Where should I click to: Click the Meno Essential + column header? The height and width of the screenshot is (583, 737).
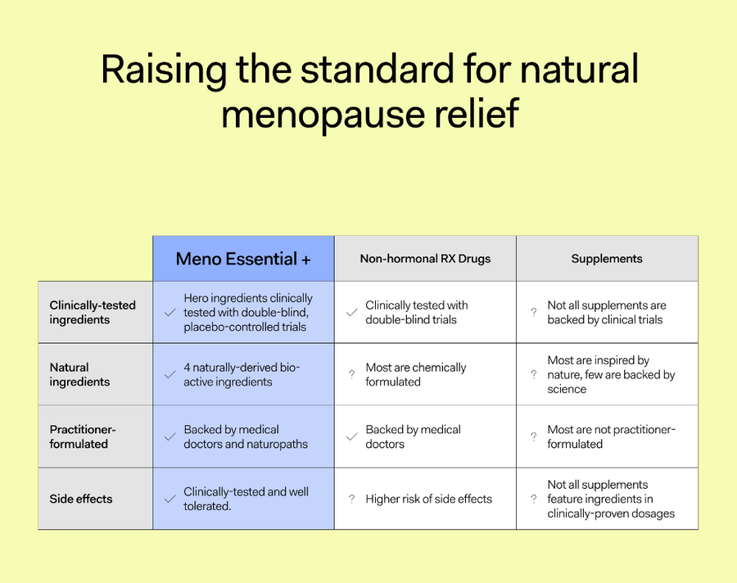tap(243, 259)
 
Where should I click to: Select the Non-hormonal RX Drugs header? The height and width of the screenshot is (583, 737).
tap(425, 259)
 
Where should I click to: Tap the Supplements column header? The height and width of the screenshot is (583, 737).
tap(607, 259)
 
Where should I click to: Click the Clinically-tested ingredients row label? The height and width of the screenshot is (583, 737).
tap(93, 312)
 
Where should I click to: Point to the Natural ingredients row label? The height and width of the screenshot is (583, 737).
tap(79, 374)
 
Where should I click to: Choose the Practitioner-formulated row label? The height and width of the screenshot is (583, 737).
tap(83, 436)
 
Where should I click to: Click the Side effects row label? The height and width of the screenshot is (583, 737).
tap(81, 499)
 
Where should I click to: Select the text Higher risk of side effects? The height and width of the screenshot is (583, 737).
tap(428, 499)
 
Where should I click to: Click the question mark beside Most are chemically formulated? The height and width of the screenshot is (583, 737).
tap(352, 374)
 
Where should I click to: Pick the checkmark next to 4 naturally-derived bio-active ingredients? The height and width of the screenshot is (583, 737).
tap(170, 374)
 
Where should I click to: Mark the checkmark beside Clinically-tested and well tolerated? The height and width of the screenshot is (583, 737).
tap(170, 499)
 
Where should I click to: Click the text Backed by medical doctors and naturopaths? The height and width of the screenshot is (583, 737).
tap(246, 436)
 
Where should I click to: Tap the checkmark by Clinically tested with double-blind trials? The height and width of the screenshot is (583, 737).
tap(351, 312)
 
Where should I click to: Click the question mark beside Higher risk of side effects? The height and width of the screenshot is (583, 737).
tap(352, 499)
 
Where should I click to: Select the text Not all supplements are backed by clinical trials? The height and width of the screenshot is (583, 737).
tap(607, 312)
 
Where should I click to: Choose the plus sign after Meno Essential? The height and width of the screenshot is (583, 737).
tap(306, 260)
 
